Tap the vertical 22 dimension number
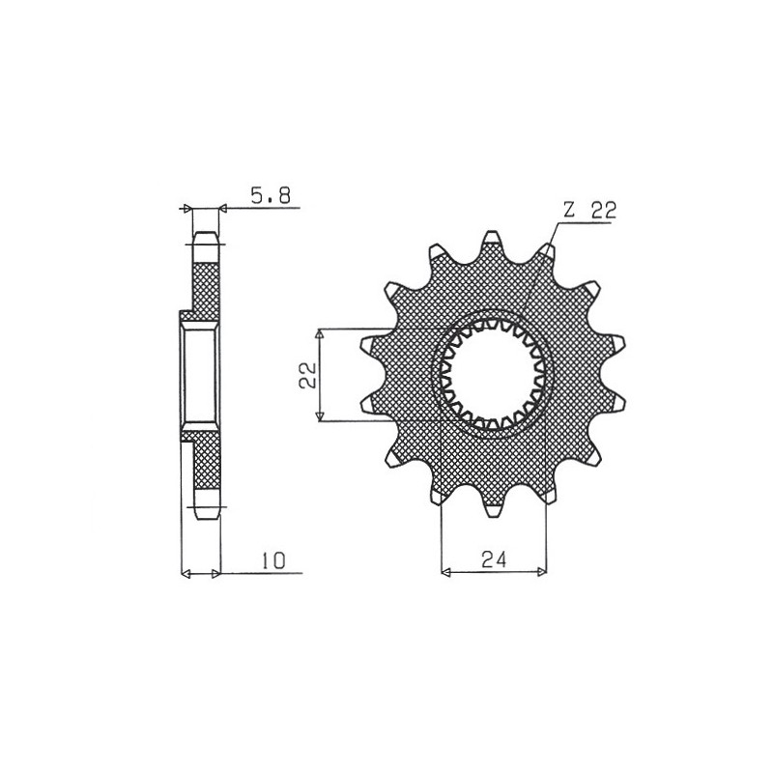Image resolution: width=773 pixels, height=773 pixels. click(x=305, y=375)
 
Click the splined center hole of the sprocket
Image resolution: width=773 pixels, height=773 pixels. click(x=492, y=374)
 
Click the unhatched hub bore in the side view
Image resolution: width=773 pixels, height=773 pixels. click(x=201, y=374)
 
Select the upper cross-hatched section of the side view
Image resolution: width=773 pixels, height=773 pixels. click(x=206, y=285)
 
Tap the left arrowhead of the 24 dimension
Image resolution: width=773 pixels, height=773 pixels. click(x=445, y=573)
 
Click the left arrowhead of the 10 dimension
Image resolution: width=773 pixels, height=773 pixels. click(x=186, y=573)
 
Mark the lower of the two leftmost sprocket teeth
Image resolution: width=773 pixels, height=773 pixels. click(x=368, y=403)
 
